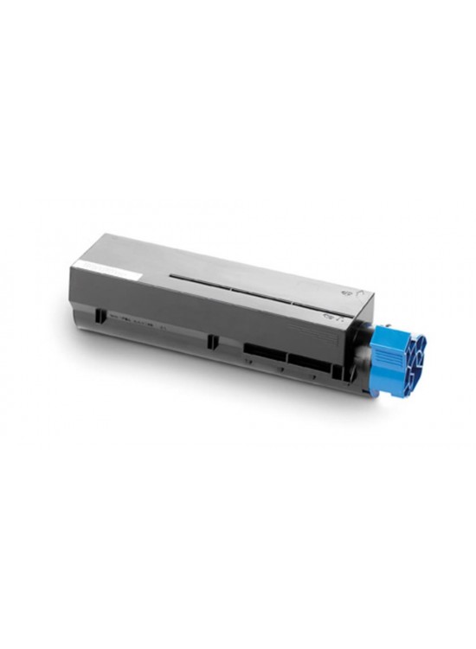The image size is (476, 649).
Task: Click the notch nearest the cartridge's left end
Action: (x=101, y=315)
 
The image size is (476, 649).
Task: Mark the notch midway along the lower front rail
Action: (x=213, y=340)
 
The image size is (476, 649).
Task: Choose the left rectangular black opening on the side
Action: (x=264, y=349)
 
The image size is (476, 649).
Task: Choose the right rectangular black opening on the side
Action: (x=309, y=357)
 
